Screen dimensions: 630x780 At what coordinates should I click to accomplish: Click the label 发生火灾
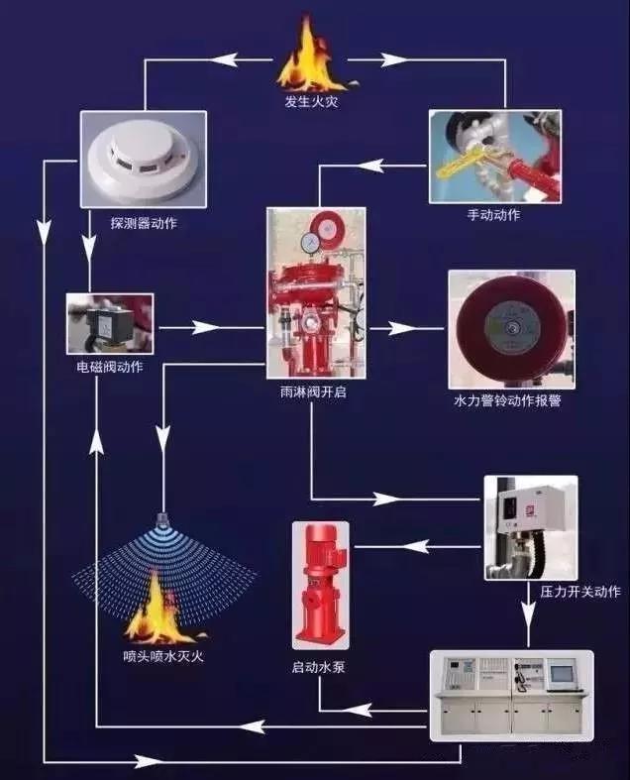(312, 102)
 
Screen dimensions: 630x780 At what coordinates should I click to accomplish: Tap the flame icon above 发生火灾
(312, 54)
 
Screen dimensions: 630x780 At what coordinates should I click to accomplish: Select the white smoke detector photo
(144, 160)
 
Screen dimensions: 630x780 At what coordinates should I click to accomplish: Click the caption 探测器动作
(144, 223)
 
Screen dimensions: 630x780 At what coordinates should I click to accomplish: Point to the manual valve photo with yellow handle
(495, 157)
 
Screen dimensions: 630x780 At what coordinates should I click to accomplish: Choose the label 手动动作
(493, 215)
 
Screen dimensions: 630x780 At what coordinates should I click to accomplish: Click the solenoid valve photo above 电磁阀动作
(110, 323)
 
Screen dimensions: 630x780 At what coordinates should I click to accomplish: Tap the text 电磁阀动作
(110, 367)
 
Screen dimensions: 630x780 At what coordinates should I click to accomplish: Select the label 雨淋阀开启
(313, 392)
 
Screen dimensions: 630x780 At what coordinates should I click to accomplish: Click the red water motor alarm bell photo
(512, 329)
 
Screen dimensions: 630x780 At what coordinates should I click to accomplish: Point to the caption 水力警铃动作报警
(507, 401)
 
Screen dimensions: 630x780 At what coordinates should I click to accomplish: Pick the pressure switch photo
(531, 528)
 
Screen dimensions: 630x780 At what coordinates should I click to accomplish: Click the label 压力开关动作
(580, 592)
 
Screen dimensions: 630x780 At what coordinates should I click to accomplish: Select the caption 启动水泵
(318, 667)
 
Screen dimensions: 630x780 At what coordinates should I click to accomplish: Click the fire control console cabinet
(512, 695)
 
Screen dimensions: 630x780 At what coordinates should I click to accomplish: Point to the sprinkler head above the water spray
(162, 519)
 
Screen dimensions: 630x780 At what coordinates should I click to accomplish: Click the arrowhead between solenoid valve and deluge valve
(205, 328)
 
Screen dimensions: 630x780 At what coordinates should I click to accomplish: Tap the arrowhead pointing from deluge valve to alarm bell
(402, 328)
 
